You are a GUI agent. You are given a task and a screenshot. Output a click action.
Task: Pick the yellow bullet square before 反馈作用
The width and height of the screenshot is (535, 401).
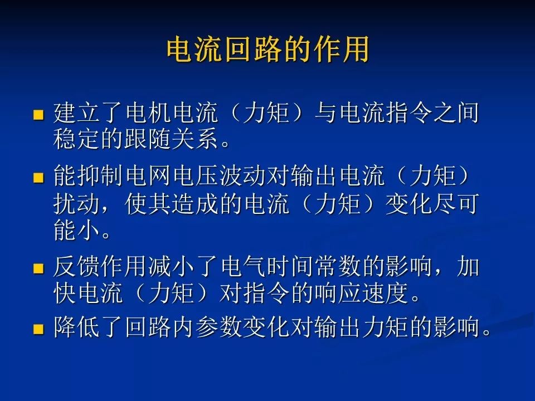tap(38, 269)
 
